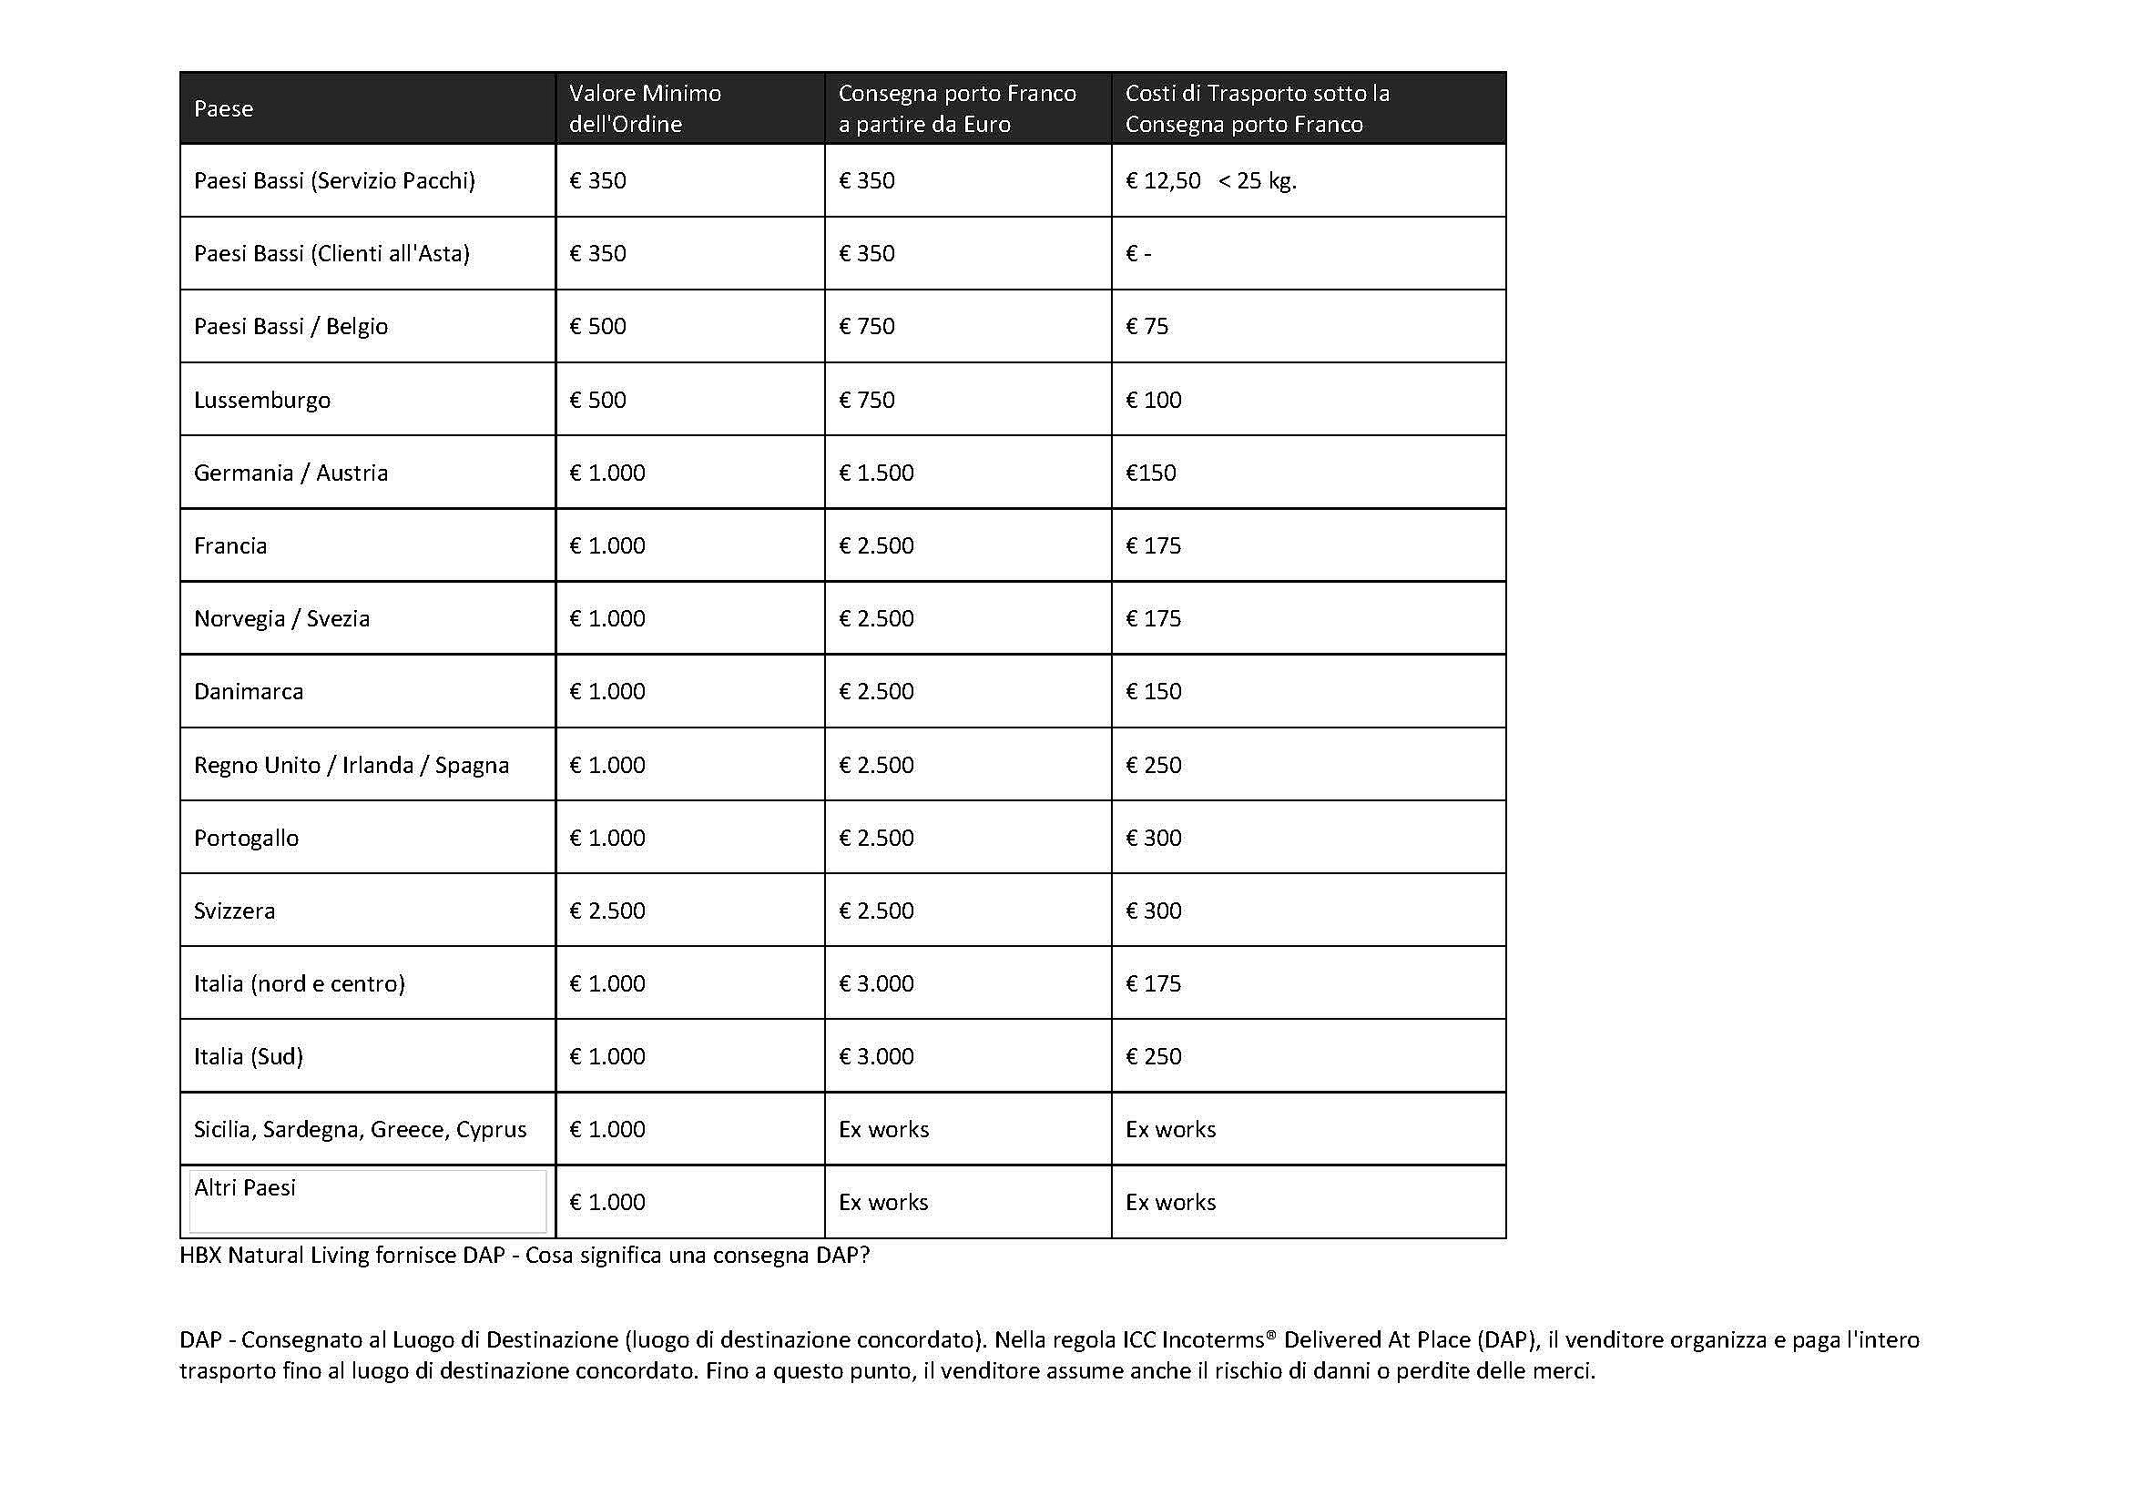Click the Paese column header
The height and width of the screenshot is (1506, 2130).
click(x=224, y=108)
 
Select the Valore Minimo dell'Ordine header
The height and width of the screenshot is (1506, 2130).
click(x=645, y=108)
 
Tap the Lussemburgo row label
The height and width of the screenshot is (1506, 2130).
click(x=261, y=400)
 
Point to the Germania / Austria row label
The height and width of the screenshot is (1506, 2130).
click(x=290, y=473)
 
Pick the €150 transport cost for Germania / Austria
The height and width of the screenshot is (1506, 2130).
click(x=1150, y=473)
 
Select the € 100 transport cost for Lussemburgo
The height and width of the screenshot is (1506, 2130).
click(x=1153, y=400)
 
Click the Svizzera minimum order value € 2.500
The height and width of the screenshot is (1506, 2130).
click(x=606, y=911)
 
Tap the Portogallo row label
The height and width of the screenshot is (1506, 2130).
click(x=246, y=838)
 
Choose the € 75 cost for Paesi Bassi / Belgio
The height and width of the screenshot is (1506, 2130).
click(x=1147, y=327)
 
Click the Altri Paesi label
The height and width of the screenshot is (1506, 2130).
click(x=245, y=1188)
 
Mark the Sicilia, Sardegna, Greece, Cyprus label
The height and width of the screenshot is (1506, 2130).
click(x=360, y=1129)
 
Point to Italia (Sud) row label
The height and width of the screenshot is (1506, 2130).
click(x=249, y=1056)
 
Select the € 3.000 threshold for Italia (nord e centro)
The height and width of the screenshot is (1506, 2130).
click(x=876, y=983)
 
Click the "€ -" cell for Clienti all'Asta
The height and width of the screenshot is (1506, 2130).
click(x=1138, y=253)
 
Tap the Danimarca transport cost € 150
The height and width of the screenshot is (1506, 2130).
click(x=1153, y=691)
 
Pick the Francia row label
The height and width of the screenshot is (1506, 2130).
click(x=230, y=545)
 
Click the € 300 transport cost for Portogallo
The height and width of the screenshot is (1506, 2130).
click(x=1153, y=838)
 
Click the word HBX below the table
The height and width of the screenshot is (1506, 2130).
click(x=200, y=1256)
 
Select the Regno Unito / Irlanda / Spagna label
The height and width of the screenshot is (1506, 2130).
click(x=352, y=765)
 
